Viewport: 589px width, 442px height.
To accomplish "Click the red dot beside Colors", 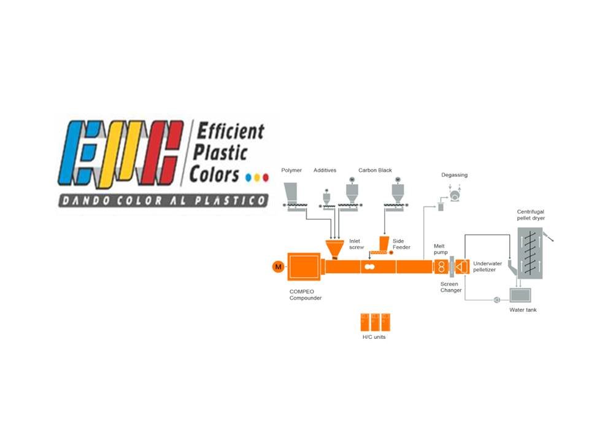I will coord(266,177).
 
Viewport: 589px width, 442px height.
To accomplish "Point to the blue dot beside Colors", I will coord(248,177).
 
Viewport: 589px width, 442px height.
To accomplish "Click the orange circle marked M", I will coord(278,266).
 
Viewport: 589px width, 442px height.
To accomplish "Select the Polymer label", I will coord(291,170).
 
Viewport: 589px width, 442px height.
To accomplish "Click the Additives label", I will coord(325,170).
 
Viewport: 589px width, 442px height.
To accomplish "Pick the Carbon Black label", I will coord(375,170).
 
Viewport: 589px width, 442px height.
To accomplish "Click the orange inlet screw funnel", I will coord(335,249).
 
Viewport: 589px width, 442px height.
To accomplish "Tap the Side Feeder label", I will coord(401,244).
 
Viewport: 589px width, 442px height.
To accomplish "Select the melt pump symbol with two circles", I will coord(441,267).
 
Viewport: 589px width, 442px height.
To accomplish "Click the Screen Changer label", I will coord(450,287).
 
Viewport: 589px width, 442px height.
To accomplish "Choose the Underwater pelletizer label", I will coord(488,266).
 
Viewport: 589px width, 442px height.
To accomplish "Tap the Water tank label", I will coord(523,310).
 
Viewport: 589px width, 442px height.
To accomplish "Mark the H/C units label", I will coord(374,337).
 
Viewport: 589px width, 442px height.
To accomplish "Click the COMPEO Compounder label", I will coord(306,295).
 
